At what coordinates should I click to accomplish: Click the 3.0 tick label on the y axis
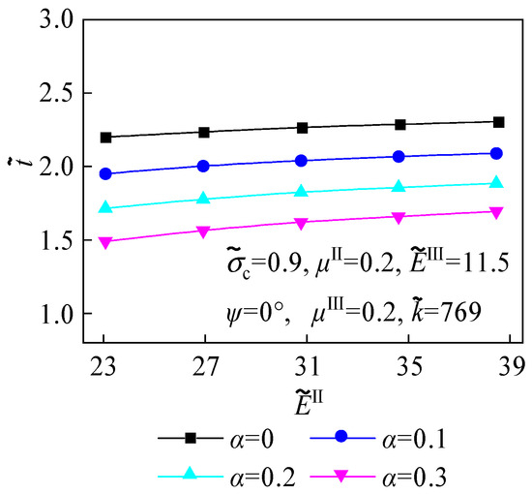click(x=51, y=20)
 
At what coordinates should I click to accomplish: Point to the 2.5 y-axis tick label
click(x=51, y=94)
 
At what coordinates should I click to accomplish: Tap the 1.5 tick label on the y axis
click(x=51, y=241)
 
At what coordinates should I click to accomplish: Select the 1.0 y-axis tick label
click(x=51, y=315)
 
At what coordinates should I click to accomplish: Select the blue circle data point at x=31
click(x=302, y=161)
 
